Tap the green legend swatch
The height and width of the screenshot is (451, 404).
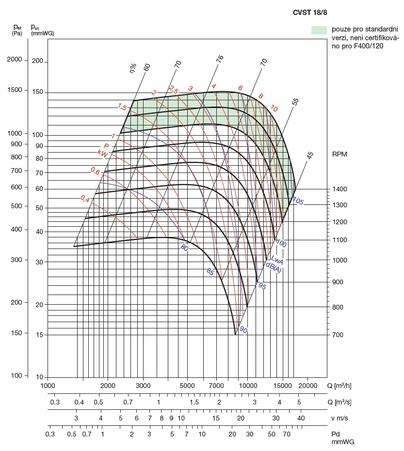[319, 30]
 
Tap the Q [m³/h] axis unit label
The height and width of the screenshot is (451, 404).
[343, 386]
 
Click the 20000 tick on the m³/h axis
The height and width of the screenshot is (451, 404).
[307, 386]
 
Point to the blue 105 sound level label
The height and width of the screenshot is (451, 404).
[297, 202]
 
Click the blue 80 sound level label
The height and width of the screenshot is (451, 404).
[184, 248]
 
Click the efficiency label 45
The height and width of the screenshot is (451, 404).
[310, 156]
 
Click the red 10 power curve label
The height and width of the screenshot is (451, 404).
[274, 109]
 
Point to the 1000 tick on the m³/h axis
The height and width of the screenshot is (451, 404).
[47, 386]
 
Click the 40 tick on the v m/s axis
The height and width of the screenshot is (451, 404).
[301, 418]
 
